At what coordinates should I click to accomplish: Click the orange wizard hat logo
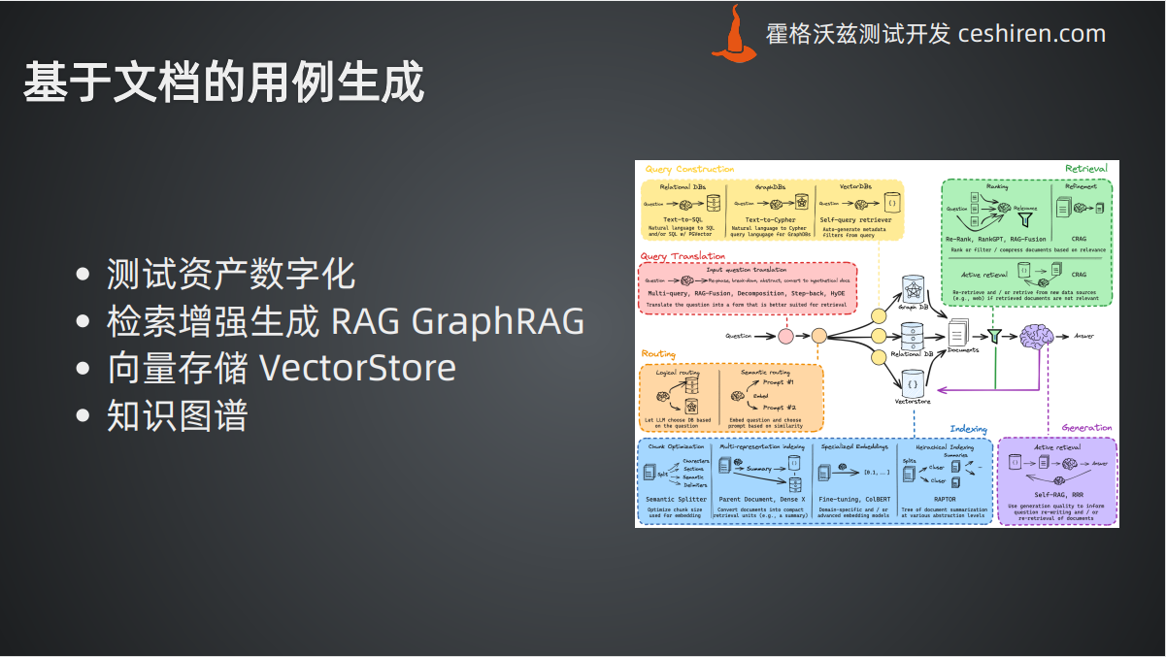734,35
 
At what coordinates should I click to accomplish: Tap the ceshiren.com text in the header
1031,34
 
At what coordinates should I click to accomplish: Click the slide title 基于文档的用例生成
224,83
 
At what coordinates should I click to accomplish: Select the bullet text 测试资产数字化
231,275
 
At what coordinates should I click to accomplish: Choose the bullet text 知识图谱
178,415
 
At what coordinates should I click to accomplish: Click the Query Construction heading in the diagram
689,169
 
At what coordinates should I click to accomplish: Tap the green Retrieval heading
1085,168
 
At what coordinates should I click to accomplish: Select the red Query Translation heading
683,256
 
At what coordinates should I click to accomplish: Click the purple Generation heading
1086,428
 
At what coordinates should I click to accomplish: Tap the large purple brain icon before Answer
1037,336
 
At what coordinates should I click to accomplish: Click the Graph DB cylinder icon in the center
912,289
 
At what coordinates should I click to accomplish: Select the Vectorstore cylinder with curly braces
912,385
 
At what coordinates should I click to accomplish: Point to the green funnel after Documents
994,336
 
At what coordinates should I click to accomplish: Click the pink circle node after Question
785,336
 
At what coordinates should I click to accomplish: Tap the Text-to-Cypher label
770,220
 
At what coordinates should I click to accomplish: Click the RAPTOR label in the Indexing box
944,499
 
